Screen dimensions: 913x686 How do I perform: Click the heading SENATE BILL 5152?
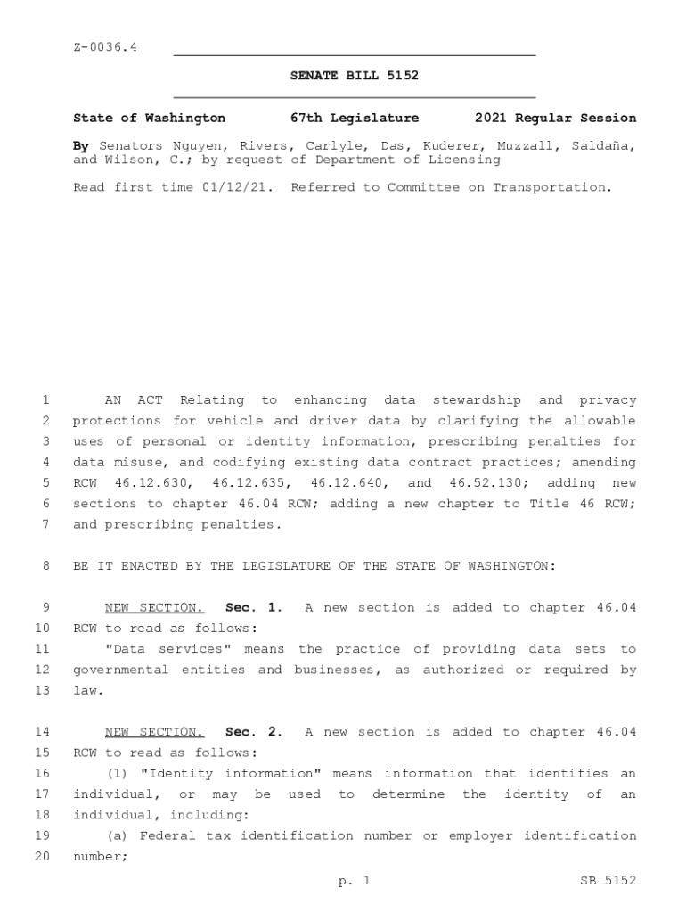coord(354,76)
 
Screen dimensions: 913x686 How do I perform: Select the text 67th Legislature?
coord(354,118)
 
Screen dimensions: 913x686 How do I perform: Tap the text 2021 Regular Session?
coord(555,118)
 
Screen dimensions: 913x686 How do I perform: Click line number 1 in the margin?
coord(45,400)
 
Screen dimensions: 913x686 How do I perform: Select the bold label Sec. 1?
coord(254,608)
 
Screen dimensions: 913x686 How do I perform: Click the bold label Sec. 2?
coord(254,732)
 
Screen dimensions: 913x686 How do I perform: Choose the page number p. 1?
coord(354,881)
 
